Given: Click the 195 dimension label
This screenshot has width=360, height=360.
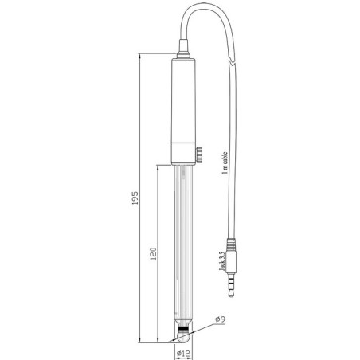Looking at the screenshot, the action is click(135, 198).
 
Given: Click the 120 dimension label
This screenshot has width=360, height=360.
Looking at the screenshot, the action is click(153, 253).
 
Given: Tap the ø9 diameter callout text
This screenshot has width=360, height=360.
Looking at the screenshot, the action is click(221, 319).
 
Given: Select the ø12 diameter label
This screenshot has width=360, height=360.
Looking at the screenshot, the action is click(183, 354).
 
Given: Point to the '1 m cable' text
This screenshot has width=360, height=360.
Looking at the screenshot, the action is click(225, 162).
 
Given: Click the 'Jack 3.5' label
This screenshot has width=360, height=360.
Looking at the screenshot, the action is click(222, 261).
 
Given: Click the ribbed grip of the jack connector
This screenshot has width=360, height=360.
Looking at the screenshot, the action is click(231, 245).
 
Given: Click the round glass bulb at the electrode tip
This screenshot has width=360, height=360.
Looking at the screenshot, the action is click(183, 337).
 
